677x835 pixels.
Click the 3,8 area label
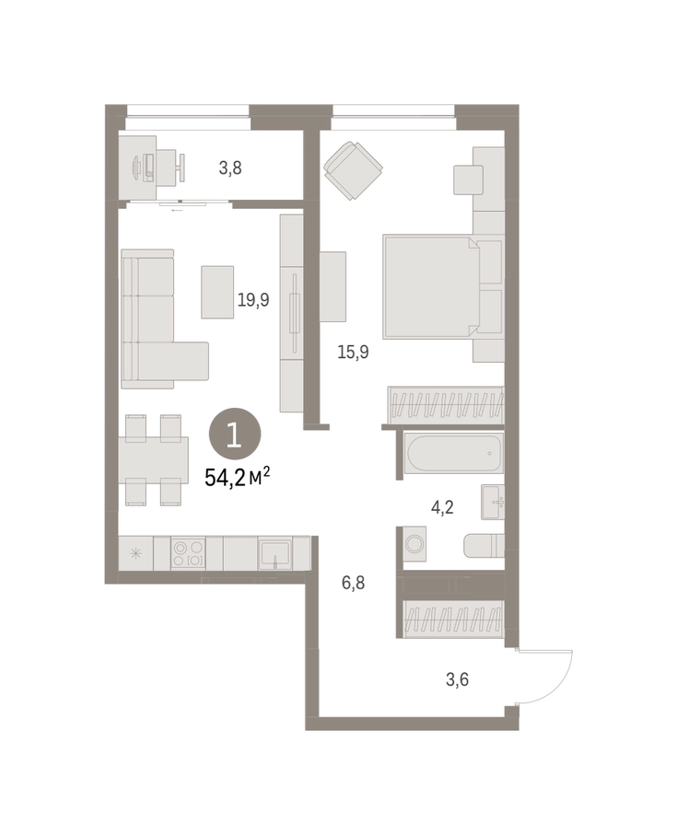click(230, 168)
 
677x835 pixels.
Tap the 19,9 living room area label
click(253, 300)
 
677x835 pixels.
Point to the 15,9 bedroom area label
click(353, 352)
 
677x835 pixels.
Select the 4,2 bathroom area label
click(442, 507)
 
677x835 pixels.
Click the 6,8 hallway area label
click(353, 583)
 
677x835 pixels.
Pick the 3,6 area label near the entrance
click(457, 680)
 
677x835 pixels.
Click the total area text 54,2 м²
click(237, 477)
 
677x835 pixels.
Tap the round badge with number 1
click(235, 434)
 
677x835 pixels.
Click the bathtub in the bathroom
click(453, 453)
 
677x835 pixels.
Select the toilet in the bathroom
click(484, 545)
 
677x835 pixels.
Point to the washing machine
click(412, 544)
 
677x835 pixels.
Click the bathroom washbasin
click(493, 502)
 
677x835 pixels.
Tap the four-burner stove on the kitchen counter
click(188, 553)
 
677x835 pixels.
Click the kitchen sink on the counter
click(274, 553)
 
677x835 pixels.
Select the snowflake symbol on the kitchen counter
click(135, 553)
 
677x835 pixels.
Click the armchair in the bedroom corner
click(354, 170)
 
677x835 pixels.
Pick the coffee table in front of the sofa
click(217, 293)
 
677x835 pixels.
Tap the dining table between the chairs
click(154, 460)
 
